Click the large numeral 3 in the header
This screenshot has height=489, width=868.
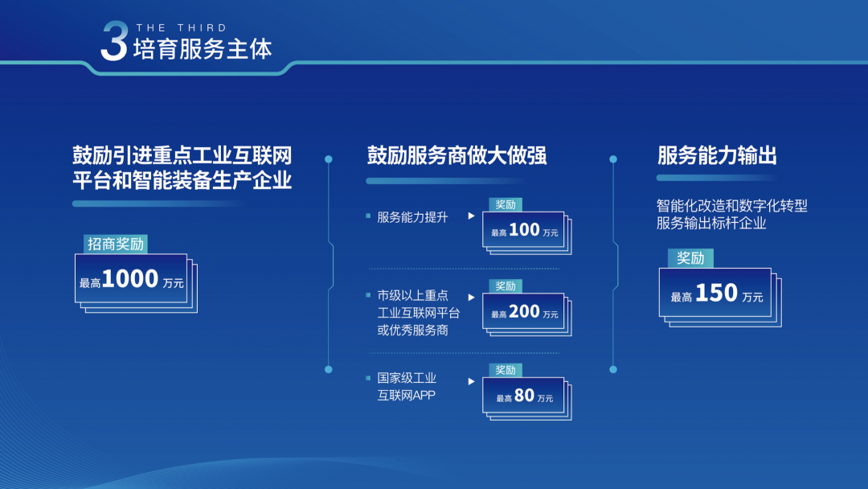click(x=115, y=41)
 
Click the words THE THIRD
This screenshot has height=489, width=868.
click(x=182, y=27)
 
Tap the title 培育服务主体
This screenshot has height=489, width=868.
click(x=203, y=50)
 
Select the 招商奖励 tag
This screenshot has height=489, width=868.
click(x=116, y=244)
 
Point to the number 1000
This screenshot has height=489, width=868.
click(x=130, y=278)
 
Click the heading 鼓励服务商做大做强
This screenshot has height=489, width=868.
click(x=457, y=155)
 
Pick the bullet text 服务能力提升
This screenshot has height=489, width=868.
click(x=412, y=217)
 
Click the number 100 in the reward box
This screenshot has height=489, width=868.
click(x=524, y=230)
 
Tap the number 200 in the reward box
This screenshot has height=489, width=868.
click(x=524, y=312)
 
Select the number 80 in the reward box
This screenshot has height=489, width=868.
click(x=524, y=396)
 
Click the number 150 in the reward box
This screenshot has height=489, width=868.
click(x=716, y=293)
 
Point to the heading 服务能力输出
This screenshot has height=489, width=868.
click(x=717, y=155)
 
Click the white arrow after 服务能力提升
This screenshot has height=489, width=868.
click(x=471, y=216)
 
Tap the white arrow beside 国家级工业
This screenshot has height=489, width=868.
click(x=471, y=381)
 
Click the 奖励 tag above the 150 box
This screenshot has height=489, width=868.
click(x=690, y=258)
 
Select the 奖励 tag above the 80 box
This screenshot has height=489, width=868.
click(x=506, y=370)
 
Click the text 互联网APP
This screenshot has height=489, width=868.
click(x=407, y=396)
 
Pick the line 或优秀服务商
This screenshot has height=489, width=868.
click(x=412, y=331)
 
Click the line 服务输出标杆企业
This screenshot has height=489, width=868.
click(x=711, y=224)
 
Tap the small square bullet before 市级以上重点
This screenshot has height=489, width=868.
click(x=368, y=295)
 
